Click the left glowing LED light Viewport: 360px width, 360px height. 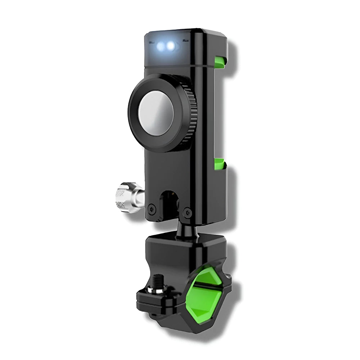click(161, 46)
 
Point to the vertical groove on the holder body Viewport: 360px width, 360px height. click(205, 126)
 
